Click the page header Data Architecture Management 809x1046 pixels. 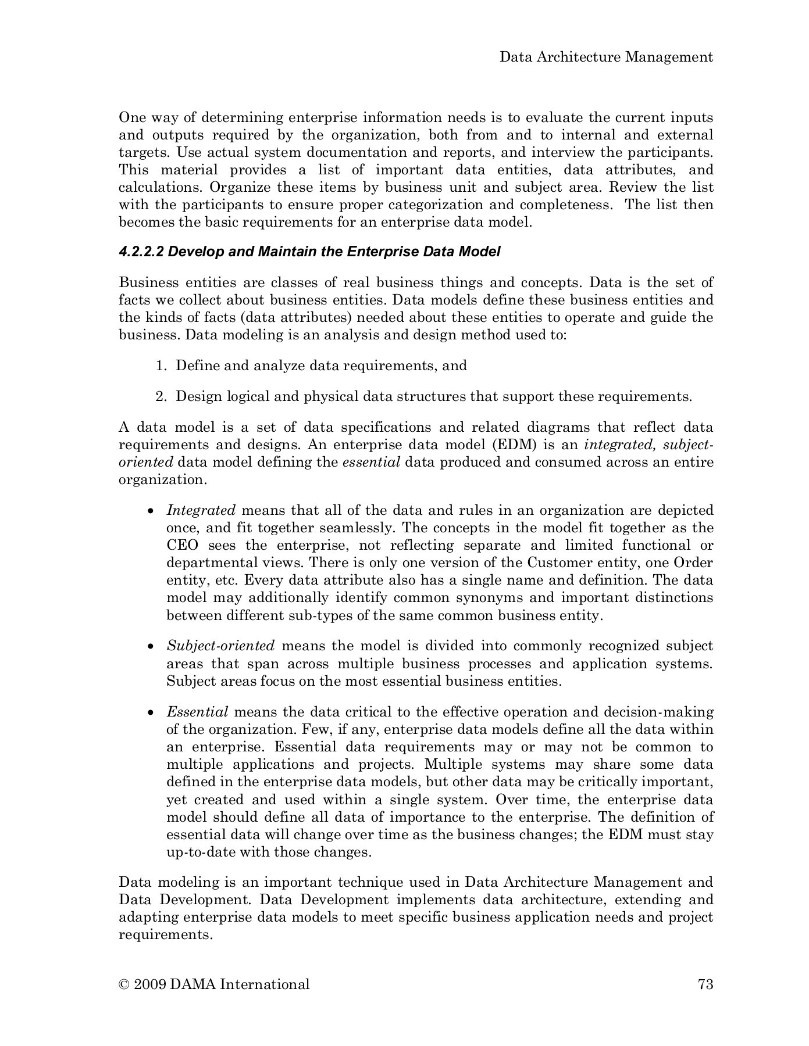tap(606, 57)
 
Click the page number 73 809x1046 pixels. tap(705, 984)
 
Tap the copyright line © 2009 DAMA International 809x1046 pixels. tap(214, 984)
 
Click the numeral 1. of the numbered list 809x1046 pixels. tap(162, 366)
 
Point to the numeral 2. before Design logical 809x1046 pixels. tap(162, 396)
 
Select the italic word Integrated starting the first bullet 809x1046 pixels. tap(201, 510)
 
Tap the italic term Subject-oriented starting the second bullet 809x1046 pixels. tap(220, 646)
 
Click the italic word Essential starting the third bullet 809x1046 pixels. tap(197, 712)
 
